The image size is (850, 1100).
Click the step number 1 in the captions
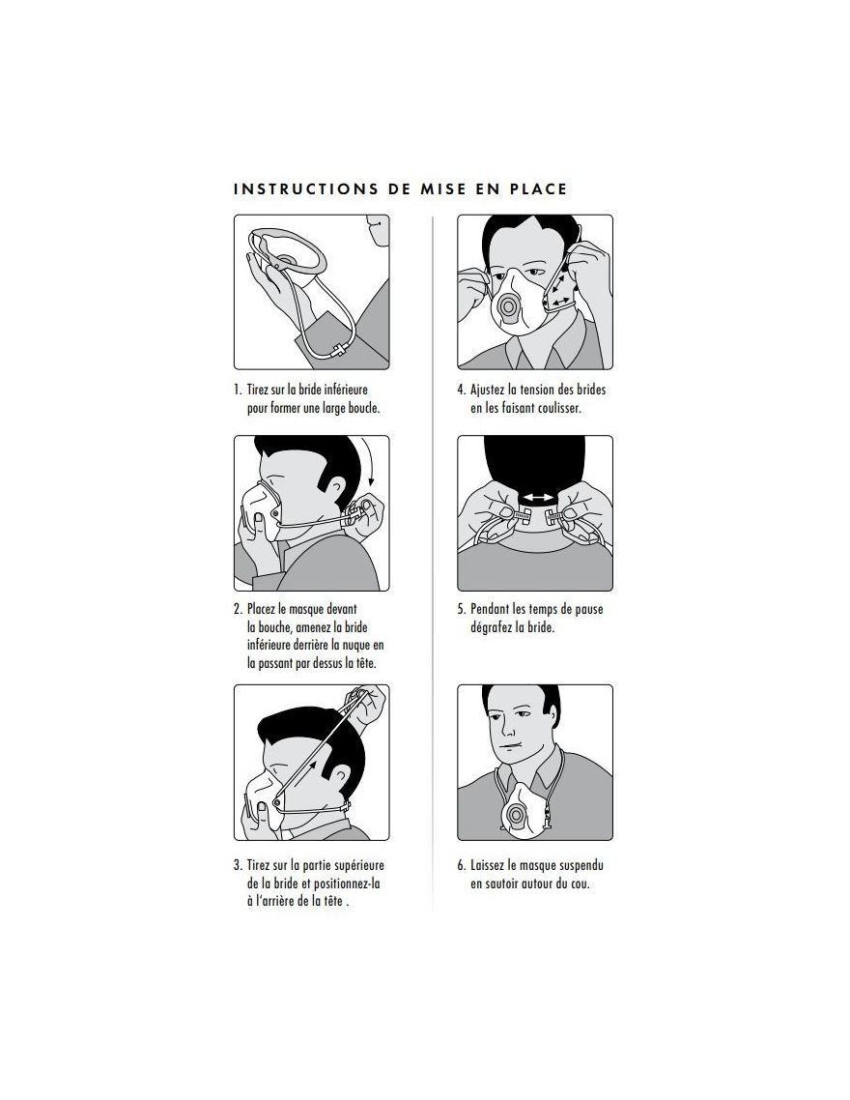coord(238,390)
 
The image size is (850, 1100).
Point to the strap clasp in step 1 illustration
coord(340,349)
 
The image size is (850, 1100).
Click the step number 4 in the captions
coord(461,390)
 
